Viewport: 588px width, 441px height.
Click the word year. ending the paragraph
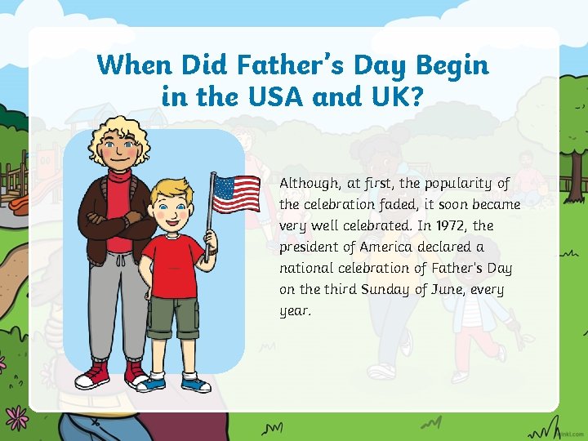(296, 311)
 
